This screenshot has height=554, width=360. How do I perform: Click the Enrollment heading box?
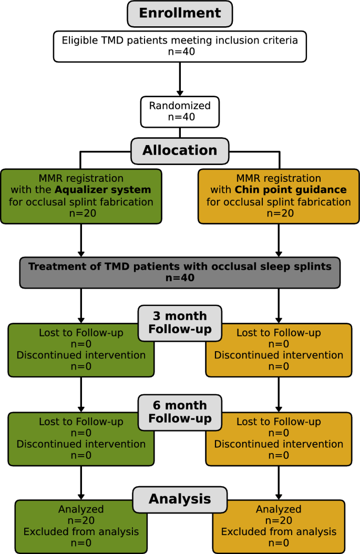[180, 14]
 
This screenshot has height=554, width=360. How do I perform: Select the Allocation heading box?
[180, 150]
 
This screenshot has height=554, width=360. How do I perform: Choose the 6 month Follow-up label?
[180, 412]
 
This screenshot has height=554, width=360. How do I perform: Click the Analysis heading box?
[180, 498]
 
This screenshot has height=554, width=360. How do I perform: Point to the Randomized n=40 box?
[180, 111]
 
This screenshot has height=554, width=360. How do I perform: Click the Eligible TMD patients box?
[180, 46]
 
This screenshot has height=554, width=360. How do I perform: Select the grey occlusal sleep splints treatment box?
[180, 272]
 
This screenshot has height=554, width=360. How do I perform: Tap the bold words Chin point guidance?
[291, 190]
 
